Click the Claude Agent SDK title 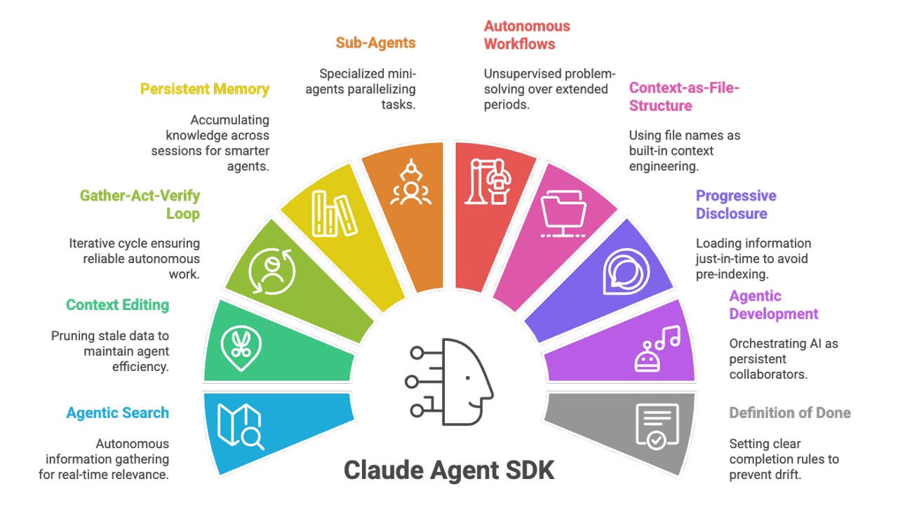(449, 469)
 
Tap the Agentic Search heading (117, 412)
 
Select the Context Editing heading (117, 304)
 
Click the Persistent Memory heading (204, 89)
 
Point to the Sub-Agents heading (375, 43)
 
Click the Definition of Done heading (789, 412)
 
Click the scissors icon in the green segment (241, 342)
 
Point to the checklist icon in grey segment (657, 426)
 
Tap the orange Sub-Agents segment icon (408, 184)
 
